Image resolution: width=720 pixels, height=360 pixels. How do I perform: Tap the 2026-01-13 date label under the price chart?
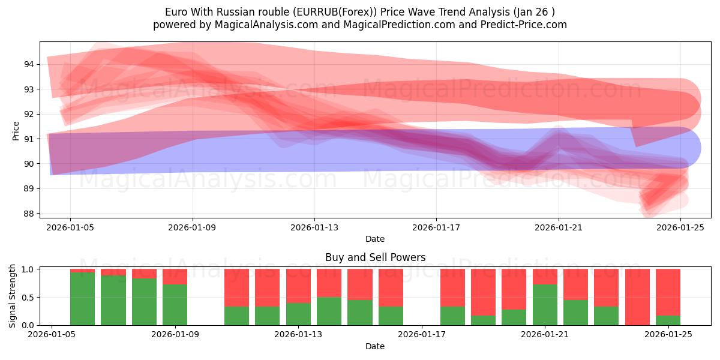(314, 227)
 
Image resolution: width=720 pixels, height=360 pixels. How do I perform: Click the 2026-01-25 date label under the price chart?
(681, 227)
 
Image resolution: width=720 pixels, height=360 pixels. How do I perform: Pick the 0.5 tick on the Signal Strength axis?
(29, 297)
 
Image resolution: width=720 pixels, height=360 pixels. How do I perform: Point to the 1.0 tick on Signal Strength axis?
(29, 269)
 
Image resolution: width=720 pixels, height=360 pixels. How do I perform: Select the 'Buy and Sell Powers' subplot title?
(375, 257)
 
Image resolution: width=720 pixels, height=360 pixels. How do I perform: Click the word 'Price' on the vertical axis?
(16, 131)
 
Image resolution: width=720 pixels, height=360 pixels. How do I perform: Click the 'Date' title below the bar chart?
(375, 346)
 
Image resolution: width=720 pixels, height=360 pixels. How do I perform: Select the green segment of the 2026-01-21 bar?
(545, 305)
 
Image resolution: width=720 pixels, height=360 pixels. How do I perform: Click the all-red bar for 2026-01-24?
(637, 297)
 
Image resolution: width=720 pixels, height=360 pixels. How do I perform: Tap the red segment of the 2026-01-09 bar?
(175, 277)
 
